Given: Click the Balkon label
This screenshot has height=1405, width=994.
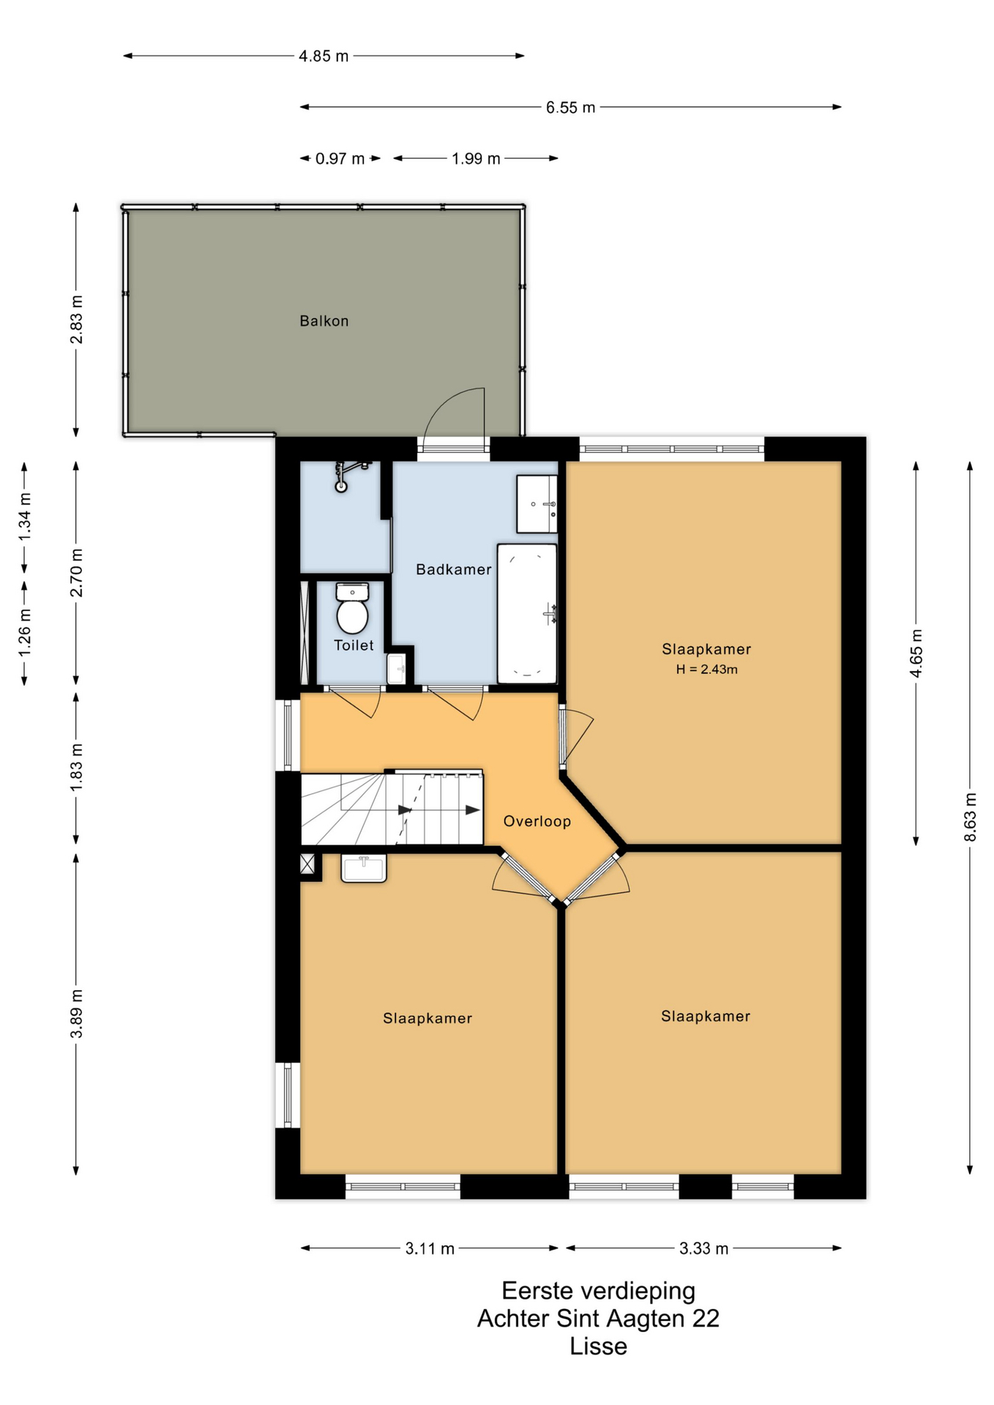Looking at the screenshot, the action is pos(324,321).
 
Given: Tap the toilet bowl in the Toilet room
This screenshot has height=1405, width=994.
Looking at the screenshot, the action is pos(352,608).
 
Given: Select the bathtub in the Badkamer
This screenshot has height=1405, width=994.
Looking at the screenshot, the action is pos(527,614).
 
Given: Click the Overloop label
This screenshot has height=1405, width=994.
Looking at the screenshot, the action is pos(537,821).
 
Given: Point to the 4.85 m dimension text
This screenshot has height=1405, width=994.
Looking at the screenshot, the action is pos(324,56).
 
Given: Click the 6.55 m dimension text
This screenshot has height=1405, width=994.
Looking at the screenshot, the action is pos(570,108).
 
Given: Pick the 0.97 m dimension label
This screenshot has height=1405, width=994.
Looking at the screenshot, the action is pos(340,159).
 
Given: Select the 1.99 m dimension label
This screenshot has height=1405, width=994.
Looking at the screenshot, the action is pos(476,159).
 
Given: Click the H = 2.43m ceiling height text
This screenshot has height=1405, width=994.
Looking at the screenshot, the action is pos(706,669).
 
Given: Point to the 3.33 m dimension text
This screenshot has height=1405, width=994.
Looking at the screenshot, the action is pos(703,1248).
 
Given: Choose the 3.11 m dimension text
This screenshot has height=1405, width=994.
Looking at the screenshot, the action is pos(430,1248).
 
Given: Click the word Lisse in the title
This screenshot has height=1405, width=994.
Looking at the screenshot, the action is pos(598,1346).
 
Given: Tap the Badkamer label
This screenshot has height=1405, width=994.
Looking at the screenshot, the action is pos(454,569).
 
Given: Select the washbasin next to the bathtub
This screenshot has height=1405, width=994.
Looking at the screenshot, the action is pos(537,503).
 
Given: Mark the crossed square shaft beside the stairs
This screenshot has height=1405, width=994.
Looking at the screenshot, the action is pos(307,864).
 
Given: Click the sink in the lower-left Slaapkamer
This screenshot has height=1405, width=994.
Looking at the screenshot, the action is pos(364,869).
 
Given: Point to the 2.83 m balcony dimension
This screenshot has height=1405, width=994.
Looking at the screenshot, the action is pos(76,319).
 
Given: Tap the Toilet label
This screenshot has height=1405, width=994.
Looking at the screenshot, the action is pos(354,645).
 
